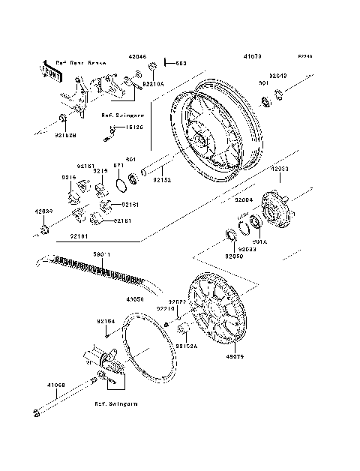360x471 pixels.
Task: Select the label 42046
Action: click(x=137, y=56)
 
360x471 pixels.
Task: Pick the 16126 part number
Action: click(x=136, y=128)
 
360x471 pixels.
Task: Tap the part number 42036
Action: click(x=43, y=211)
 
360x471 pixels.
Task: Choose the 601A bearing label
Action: click(x=260, y=241)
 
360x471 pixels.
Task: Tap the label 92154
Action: click(x=105, y=322)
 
